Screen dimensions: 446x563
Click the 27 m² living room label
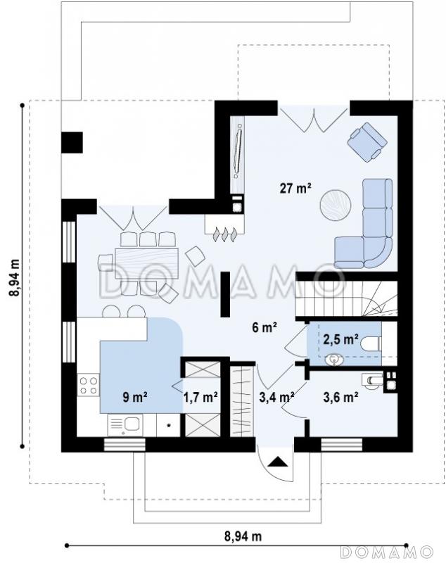295,188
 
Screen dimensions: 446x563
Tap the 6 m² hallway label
264,327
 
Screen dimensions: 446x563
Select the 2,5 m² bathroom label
340,339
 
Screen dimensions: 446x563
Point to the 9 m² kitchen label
135,397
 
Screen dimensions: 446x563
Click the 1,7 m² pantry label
200,397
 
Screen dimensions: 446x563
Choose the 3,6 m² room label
340,397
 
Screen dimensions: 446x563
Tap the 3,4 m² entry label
276,397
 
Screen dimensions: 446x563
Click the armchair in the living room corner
367,142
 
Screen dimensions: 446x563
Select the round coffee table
336,205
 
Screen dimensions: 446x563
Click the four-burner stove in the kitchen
88,385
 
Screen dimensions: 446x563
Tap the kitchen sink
125,425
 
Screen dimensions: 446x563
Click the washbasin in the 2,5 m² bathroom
334,360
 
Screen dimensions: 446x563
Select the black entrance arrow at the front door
278,462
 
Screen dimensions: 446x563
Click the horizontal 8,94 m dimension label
243,536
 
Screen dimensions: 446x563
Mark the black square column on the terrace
72,143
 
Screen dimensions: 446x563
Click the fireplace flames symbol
225,234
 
